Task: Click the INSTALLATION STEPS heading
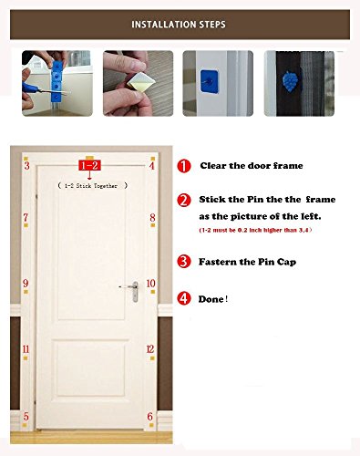click(179, 25)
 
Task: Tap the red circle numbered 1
click(184, 166)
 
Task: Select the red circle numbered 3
click(184, 262)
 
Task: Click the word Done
click(211, 299)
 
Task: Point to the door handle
click(133, 291)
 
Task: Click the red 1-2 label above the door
click(89, 165)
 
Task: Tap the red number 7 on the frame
click(26, 217)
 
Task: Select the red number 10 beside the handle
click(151, 284)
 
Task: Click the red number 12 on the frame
click(150, 349)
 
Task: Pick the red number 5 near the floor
click(26, 416)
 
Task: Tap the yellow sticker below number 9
click(26, 292)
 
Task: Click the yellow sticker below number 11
click(26, 358)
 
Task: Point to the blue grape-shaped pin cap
click(290, 81)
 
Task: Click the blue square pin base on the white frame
click(209, 81)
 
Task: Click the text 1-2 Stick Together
click(92, 185)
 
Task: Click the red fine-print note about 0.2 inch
click(255, 230)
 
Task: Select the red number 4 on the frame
click(152, 165)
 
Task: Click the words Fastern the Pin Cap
click(247, 262)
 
